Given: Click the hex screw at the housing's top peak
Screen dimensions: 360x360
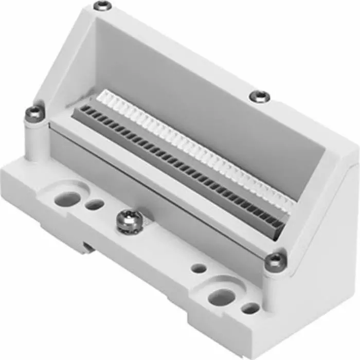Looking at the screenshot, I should coord(103,6).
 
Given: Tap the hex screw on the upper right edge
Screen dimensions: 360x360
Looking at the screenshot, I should coord(260,96).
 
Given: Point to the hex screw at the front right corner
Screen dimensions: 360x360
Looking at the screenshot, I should coord(275,259).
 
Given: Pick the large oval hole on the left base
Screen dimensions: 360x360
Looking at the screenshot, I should coord(67,199).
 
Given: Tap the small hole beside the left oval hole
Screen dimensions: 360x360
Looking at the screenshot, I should coord(95,205).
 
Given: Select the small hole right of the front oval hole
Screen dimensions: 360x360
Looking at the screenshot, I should coord(250,308).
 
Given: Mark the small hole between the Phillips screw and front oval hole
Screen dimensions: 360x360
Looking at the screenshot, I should coord(199,268).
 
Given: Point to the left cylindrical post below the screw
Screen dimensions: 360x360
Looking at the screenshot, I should coord(35,139).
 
